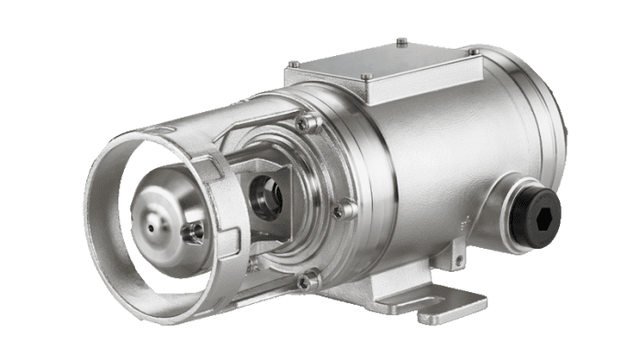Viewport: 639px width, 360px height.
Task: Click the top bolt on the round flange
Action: click(311, 121)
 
